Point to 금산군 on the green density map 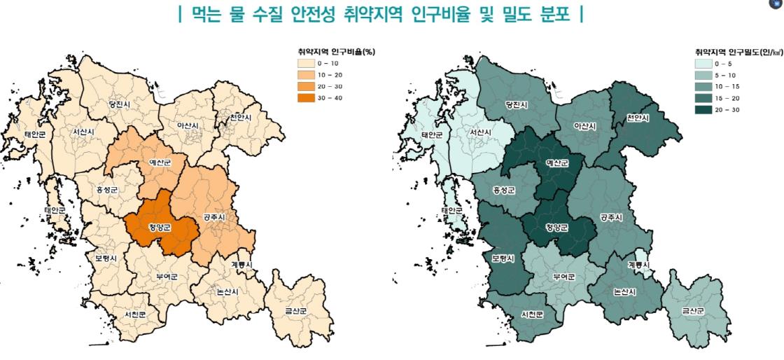[693, 310]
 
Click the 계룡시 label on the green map [639, 265]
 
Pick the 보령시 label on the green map [503, 258]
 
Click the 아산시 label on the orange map [187, 126]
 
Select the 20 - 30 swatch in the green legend [703, 109]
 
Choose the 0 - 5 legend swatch [703, 64]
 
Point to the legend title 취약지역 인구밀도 [735, 52]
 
